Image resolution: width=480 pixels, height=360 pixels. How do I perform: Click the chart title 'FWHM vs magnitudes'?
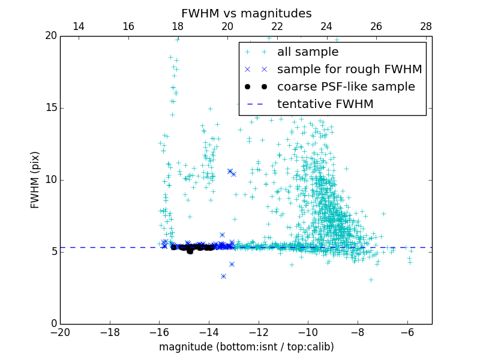pos(246,13)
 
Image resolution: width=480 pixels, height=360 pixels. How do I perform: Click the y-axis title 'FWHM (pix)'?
pos(35,180)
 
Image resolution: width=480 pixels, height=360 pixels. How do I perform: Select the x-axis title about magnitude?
pos(246,347)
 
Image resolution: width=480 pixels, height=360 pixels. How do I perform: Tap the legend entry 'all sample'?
pos(308,52)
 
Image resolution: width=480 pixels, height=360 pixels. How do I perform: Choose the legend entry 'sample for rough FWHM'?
pos(349,70)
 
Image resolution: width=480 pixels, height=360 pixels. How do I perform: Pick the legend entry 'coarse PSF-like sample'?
pos(346,87)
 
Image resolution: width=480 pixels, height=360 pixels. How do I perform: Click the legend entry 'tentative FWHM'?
pos(325,104)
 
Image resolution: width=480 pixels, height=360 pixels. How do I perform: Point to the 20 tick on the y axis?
pos(50,36)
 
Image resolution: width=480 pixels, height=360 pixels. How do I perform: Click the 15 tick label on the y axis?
pos(50,108)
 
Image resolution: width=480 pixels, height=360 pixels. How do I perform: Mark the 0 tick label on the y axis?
pos(53,324)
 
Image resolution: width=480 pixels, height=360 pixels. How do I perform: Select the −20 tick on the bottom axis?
pos(60,332)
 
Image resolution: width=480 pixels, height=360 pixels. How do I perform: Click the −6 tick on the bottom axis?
pos(407,332)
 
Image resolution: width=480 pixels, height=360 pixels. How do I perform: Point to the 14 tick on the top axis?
pos(78,26)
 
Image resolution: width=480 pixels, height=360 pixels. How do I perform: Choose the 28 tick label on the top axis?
pos(426,26)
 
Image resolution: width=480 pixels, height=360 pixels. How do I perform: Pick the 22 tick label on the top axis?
pos(277,26)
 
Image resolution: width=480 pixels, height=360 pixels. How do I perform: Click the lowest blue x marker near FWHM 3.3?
pos(223,276)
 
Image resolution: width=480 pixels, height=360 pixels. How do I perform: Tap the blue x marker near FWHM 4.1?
pos(232,264)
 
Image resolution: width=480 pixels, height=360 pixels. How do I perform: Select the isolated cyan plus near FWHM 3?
pos(371,280)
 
